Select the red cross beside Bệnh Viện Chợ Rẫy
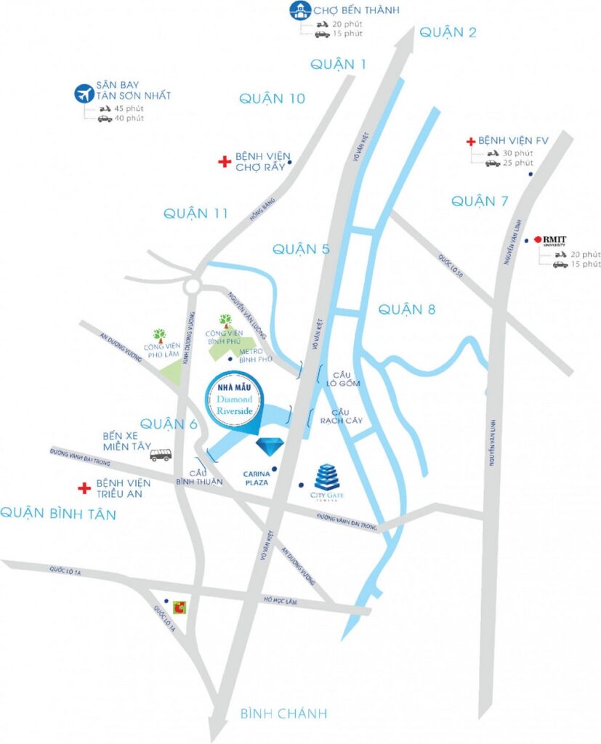225,161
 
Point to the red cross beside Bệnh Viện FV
471,139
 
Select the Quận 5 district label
301,249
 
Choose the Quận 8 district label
406,310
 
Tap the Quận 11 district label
195,214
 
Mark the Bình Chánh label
283,713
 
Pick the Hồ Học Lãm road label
280,599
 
